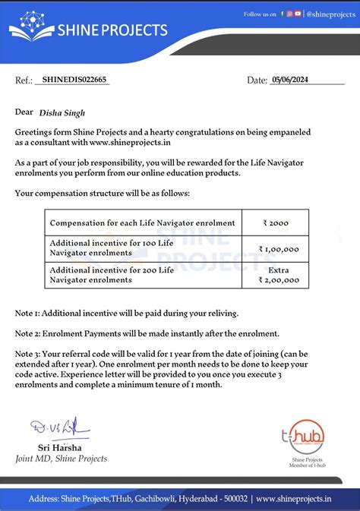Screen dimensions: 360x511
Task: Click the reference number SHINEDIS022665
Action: click(x=75, y=80)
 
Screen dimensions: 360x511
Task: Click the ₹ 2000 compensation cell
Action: click(x=276, y=223)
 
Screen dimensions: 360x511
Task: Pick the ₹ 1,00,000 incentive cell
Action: click(x=279, y=248)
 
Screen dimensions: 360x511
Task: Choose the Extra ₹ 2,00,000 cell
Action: click(x=279, y=275)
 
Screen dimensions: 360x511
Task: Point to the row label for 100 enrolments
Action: click(x=111, y=248)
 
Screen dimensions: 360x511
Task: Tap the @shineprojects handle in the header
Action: click(x=329, y=14)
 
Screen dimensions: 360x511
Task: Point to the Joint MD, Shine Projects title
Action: click(x=62, y=458)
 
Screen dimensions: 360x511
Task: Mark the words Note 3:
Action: click(x=31, y=354)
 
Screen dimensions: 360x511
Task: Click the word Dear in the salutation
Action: click(x=24, y=112)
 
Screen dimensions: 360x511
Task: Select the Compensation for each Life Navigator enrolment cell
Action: click(x=142, y=223)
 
